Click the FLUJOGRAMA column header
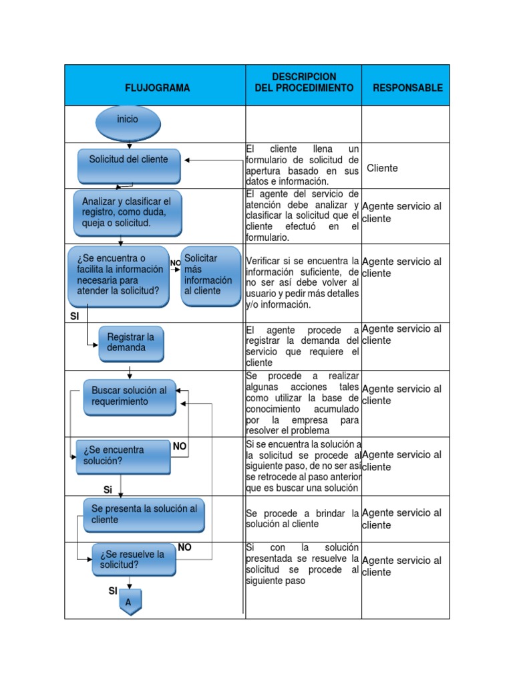point(157,88)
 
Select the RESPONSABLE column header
point(407,88)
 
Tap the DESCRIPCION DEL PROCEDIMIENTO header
point(304,82)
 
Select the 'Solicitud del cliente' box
point(129,165)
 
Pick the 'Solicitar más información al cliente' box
point(210,276)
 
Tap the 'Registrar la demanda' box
point(131,343)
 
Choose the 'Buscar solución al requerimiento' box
point(130,397)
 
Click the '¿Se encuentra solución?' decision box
point(123,456)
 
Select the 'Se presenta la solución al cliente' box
point(144,514)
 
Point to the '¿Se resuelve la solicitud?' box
point(134,560)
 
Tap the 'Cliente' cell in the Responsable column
point(382,168)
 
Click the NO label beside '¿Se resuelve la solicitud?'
point(185,547)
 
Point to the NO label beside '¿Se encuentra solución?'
point(180,446)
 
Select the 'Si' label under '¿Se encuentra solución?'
point(108,490)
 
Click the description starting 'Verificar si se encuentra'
point(302,282)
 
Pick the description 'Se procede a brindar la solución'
point(302,519)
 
